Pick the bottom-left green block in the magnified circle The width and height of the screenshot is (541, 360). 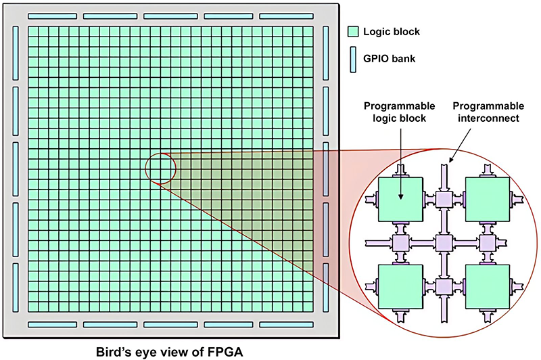pyautogui.click(x=400, y=286)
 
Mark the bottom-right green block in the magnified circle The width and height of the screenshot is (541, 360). pyautogui.click(x=486, y=286)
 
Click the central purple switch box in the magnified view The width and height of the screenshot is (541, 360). pyautogui.click(x=444, y=242)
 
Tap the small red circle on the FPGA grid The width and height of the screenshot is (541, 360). pyautogui.click(x=160, y=167)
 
